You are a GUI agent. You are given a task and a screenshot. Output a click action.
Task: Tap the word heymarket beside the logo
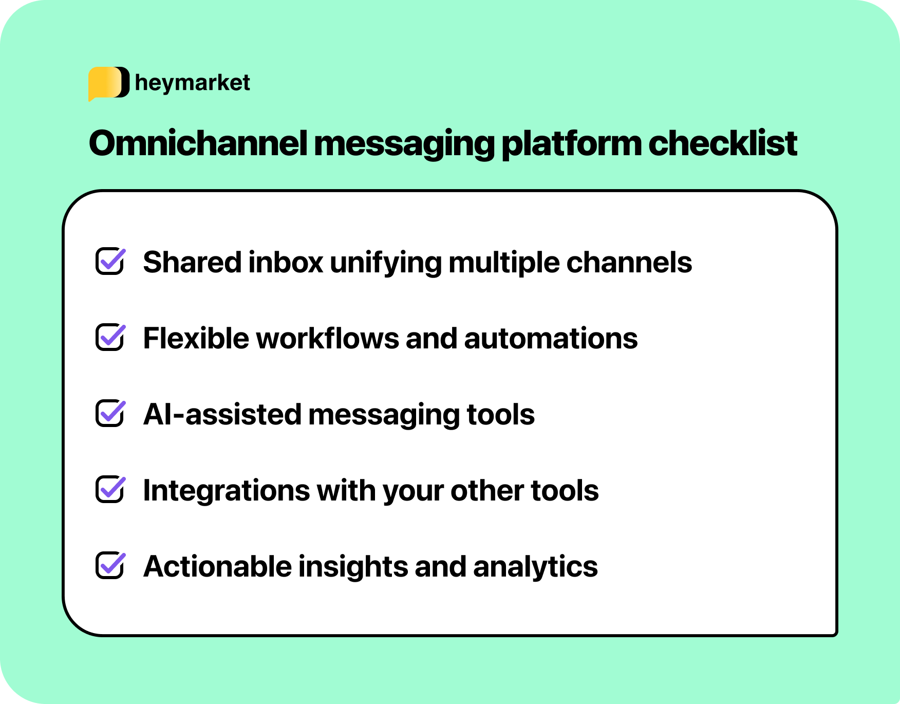coord(192,83)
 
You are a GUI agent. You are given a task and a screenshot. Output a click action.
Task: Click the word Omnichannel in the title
coord(198,143)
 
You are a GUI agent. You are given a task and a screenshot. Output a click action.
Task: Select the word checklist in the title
coord(722,143)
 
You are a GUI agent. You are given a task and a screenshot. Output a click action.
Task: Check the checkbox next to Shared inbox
coord(110,261)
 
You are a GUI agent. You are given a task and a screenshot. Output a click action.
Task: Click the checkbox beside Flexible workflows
coord(110,337)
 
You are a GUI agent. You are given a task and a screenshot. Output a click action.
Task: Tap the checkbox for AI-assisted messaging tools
coord(110,413)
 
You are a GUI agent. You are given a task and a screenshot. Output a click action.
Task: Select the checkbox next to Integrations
coord(110,489)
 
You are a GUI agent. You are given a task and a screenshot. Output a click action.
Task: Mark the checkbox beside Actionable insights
coord(110,565)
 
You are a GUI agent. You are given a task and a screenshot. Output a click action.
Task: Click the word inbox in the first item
coord(286,263)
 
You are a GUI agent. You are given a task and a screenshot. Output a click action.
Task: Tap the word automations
coord(551,339)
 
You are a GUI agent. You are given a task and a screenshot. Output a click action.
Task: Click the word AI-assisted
coord(222,415)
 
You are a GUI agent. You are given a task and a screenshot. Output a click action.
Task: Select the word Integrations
coord(226,491)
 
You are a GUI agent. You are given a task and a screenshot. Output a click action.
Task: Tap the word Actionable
coord(218,567)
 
